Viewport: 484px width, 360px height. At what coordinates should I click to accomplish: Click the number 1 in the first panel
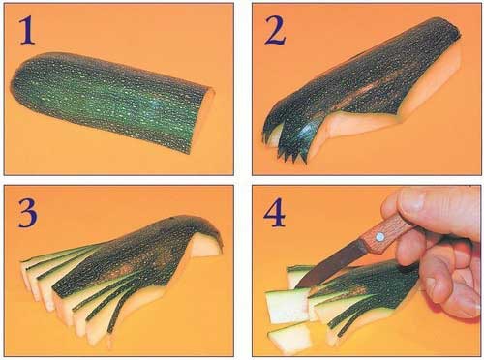(27, 30)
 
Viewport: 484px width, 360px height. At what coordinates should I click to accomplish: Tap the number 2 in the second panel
(275, 30)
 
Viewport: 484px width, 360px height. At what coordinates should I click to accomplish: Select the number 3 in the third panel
(27, 213)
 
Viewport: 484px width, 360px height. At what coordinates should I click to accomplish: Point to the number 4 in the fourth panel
(274, 213)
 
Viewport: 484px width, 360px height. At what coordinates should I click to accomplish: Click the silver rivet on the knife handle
(379, 237)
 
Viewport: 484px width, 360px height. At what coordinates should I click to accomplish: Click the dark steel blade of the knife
(331, 264)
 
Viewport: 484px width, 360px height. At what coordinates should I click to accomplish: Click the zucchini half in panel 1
(113, 101)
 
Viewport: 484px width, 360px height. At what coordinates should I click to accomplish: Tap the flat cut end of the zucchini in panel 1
(204, 119)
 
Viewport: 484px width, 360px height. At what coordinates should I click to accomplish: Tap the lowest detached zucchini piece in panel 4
(289, 338)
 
